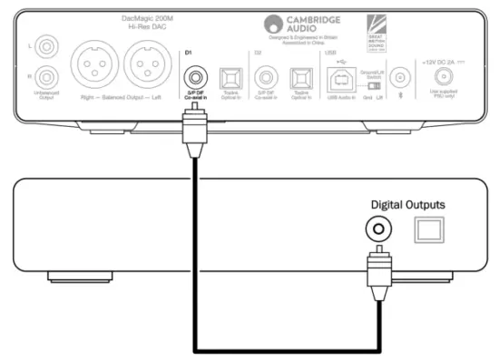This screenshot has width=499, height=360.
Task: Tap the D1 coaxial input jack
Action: click(194, 75)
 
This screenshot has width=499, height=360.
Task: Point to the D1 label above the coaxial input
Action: click(188, 54)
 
